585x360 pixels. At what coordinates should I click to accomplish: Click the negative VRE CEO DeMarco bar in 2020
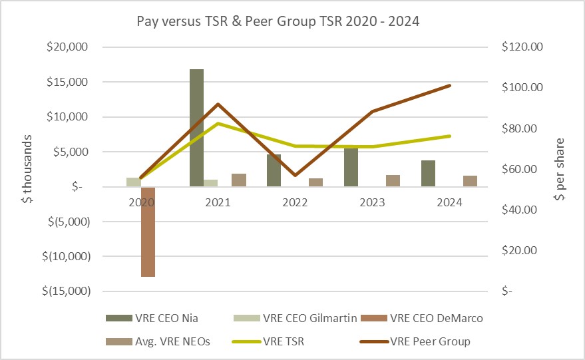148,232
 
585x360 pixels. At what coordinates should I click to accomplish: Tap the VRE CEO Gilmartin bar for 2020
133,182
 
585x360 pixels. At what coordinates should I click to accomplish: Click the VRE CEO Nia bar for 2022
274,170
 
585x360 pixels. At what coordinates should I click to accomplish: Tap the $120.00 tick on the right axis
522,47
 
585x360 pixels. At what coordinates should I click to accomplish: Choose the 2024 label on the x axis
451,202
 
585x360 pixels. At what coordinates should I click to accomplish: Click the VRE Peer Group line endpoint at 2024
451,85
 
